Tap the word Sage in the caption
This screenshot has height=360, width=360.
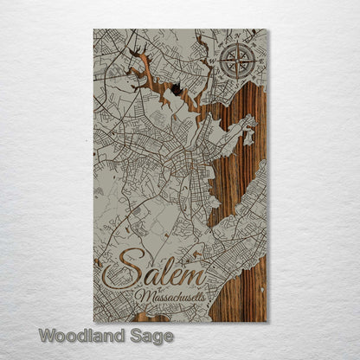click(151, 336)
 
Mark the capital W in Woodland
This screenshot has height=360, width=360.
click(47, 335)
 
